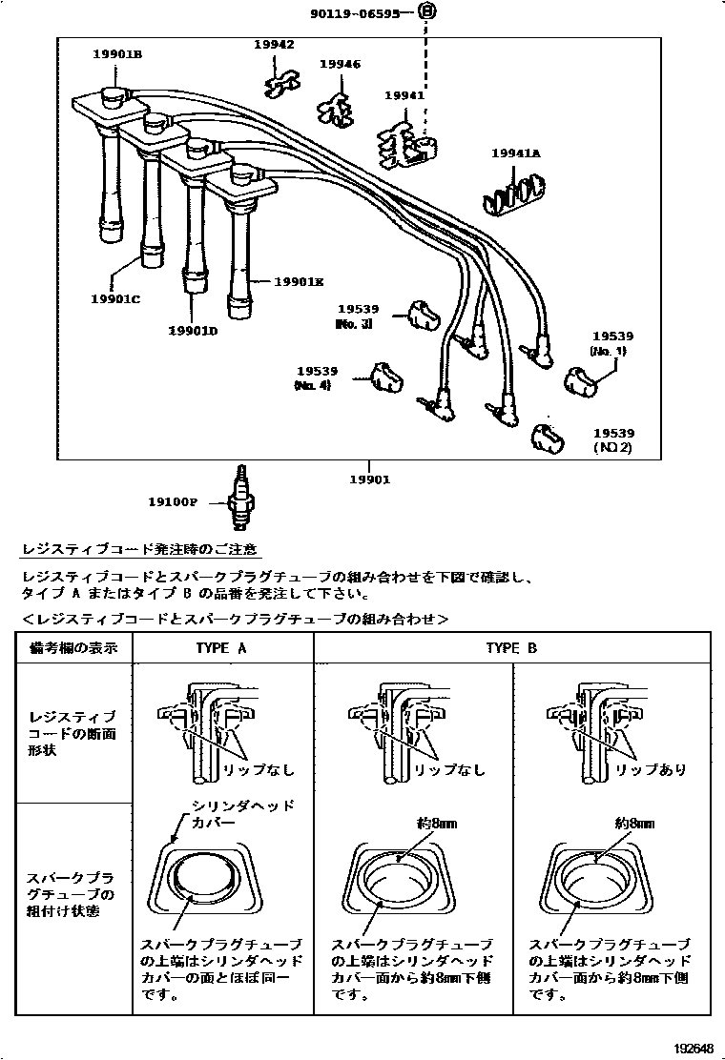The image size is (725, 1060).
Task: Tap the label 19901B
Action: [116, 54]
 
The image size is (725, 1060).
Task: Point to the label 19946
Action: [340, 64]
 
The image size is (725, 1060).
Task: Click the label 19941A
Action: [515, 153]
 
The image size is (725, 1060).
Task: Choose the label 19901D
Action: [193, 330]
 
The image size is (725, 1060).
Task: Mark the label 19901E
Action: [300, 281]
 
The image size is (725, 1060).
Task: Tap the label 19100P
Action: [173, 501]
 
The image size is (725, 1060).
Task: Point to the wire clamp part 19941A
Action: [512, 192]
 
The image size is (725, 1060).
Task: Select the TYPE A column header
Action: [221, 648]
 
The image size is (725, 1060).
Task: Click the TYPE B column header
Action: [511, 648]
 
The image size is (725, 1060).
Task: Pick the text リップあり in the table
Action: [651, 769]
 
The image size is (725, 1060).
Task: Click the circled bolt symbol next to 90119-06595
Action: [427, 12]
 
